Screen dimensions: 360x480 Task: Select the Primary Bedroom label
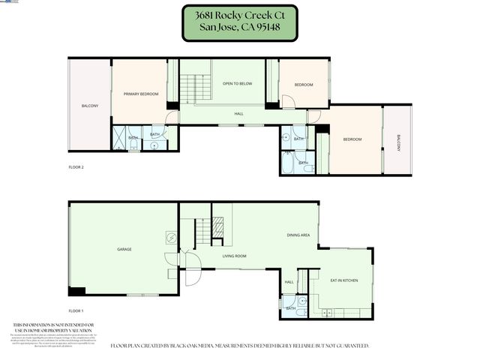140,93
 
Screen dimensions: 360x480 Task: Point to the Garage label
124,248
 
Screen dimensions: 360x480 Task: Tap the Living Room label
234,256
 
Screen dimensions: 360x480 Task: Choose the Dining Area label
298,235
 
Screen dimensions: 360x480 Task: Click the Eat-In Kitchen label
344,280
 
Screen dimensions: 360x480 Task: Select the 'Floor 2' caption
76,166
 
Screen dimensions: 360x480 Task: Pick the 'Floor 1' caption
76,310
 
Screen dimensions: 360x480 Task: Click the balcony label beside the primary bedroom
89,106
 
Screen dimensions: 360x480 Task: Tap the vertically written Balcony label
398,142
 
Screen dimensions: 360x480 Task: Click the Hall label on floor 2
238,114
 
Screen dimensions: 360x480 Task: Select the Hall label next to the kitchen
289,282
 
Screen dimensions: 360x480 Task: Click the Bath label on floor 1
291,308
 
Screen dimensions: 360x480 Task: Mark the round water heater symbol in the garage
171,238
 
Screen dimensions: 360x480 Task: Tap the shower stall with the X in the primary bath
119,138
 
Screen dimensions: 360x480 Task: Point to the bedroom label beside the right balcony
352,139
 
